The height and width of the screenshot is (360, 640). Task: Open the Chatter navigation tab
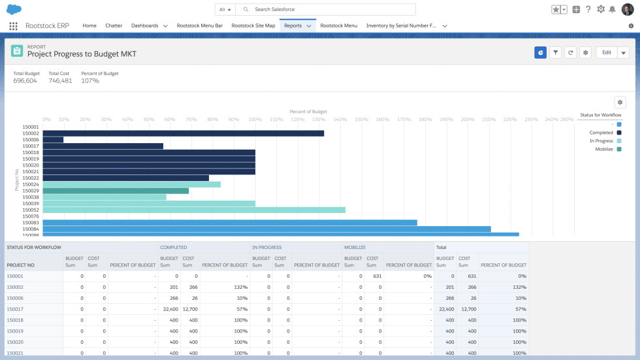pyautogui.click(x=114, y=25)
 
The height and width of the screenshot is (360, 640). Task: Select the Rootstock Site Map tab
pyautogui.click(x=253, y=25)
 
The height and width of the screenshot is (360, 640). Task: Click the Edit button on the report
pyautogui.click(x=606, y=52)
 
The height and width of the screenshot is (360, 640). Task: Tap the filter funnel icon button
pyautogui.click(x=555, y=52)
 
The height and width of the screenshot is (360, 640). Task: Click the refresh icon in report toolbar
pyautogui.click(x=570, y=52)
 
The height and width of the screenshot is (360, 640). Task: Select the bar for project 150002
pyautogui.click(x=183, y=133)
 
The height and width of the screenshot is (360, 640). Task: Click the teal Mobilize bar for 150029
pyautogui.click(x=116, y=191)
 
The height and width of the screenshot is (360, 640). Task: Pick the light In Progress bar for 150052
pyautogui.click(x=193, y=210)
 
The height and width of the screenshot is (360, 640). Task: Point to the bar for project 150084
pyautogui.click(x=266, y=229)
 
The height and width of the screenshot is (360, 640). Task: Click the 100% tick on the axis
pyautogui.click(x=255, y=120)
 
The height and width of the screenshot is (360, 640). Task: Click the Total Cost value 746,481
pyautogui.click(x=60, y=81)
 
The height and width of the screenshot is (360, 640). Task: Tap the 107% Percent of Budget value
pyautogui.click(x=90, y=81)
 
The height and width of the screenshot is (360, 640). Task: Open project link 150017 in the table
pyautogui.click(x=15, y=309)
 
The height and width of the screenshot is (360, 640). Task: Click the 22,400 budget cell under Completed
pyautogui.click(x=170, y=309)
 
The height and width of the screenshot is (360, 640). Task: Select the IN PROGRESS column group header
pyautogui.click(x=267, y=248)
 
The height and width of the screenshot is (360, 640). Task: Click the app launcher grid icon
pyautogui.click(x=13, y=25)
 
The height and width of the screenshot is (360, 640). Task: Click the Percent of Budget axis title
pyautogui.click(x=308, y=112)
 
